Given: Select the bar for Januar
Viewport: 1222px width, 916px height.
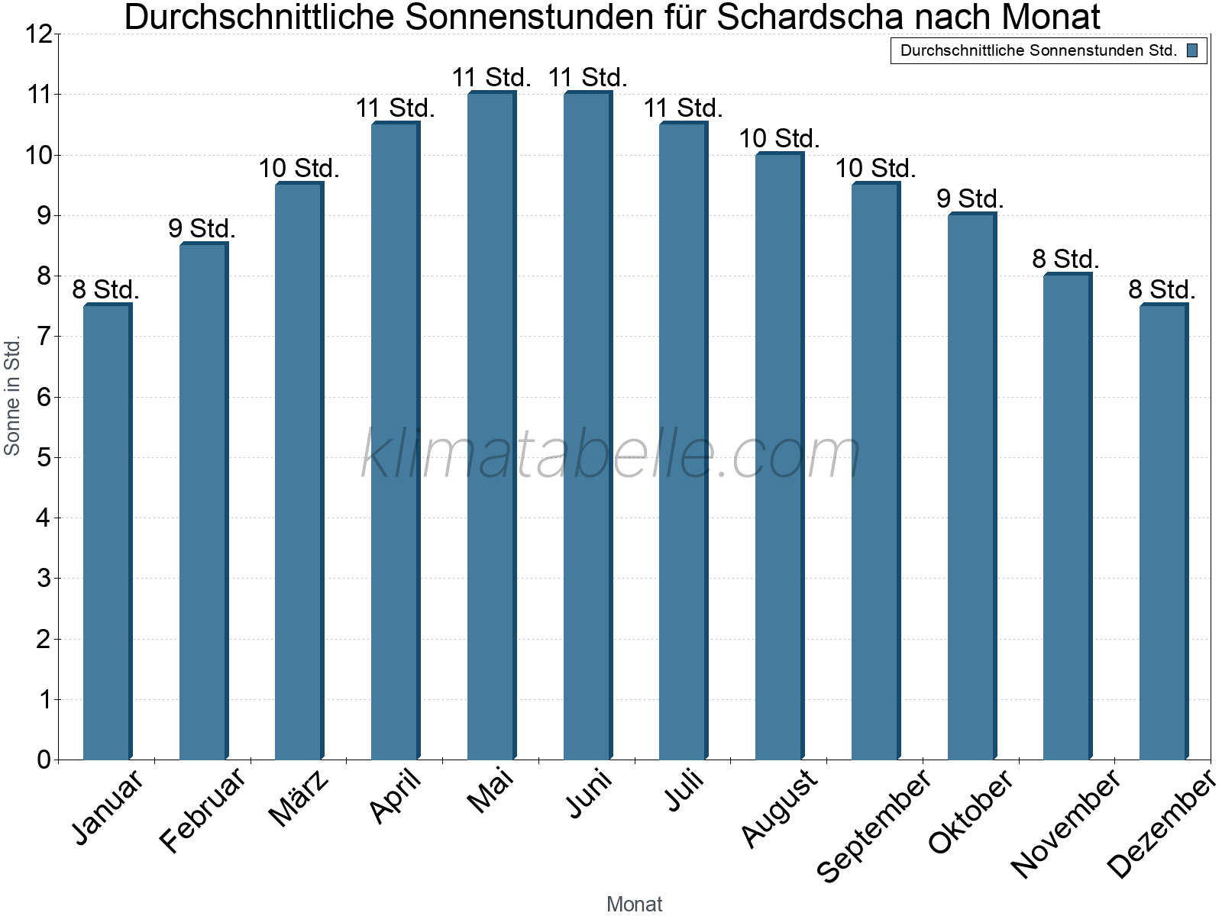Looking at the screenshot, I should (107, 531).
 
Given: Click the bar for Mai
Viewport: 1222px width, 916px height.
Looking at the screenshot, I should (491, 425).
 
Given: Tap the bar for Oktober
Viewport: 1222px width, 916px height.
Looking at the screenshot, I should (971, 486).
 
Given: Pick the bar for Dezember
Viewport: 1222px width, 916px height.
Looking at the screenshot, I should (1163, 531).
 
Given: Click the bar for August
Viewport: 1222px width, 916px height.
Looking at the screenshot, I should (779, 456).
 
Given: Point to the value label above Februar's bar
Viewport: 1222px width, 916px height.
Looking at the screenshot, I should (202, 228).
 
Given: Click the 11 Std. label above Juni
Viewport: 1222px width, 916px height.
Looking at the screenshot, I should (587, 77).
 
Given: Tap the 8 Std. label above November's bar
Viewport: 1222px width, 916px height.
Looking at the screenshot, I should (1066, 259).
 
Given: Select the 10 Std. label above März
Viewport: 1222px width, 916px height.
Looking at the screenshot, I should (299, 168).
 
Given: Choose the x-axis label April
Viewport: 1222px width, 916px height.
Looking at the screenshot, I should (396, 796).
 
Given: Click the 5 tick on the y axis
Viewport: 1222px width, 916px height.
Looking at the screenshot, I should (44, 458).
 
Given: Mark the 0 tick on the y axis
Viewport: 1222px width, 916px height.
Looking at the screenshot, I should (44, 760).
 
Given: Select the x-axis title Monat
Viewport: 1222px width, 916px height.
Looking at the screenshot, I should (634, 904).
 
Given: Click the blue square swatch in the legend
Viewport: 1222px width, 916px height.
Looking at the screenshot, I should (1192, 51).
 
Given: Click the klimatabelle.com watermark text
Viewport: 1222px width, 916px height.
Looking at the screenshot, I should (611, 454).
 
